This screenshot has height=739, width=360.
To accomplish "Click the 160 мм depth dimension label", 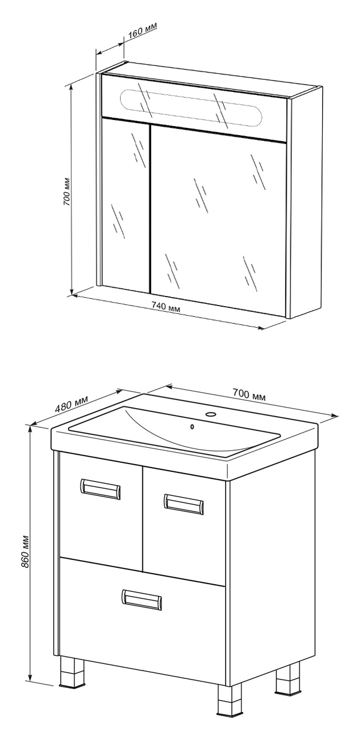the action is click(x=142, y=29).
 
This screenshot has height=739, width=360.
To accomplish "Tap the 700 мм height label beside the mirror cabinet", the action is click(x=67, y=192).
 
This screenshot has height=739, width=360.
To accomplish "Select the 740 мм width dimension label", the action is click(x=166, y=308).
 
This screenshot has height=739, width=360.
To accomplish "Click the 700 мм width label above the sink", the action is click(x=249, y=394).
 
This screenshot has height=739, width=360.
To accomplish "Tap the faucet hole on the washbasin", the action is click(x=209, y=414).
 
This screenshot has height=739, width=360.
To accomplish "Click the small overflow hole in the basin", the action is click(x=193, y=427).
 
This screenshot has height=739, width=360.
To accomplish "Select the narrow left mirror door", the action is click(x=125, y=205).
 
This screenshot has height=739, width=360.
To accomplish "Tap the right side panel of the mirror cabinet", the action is click(x=305, y=202).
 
